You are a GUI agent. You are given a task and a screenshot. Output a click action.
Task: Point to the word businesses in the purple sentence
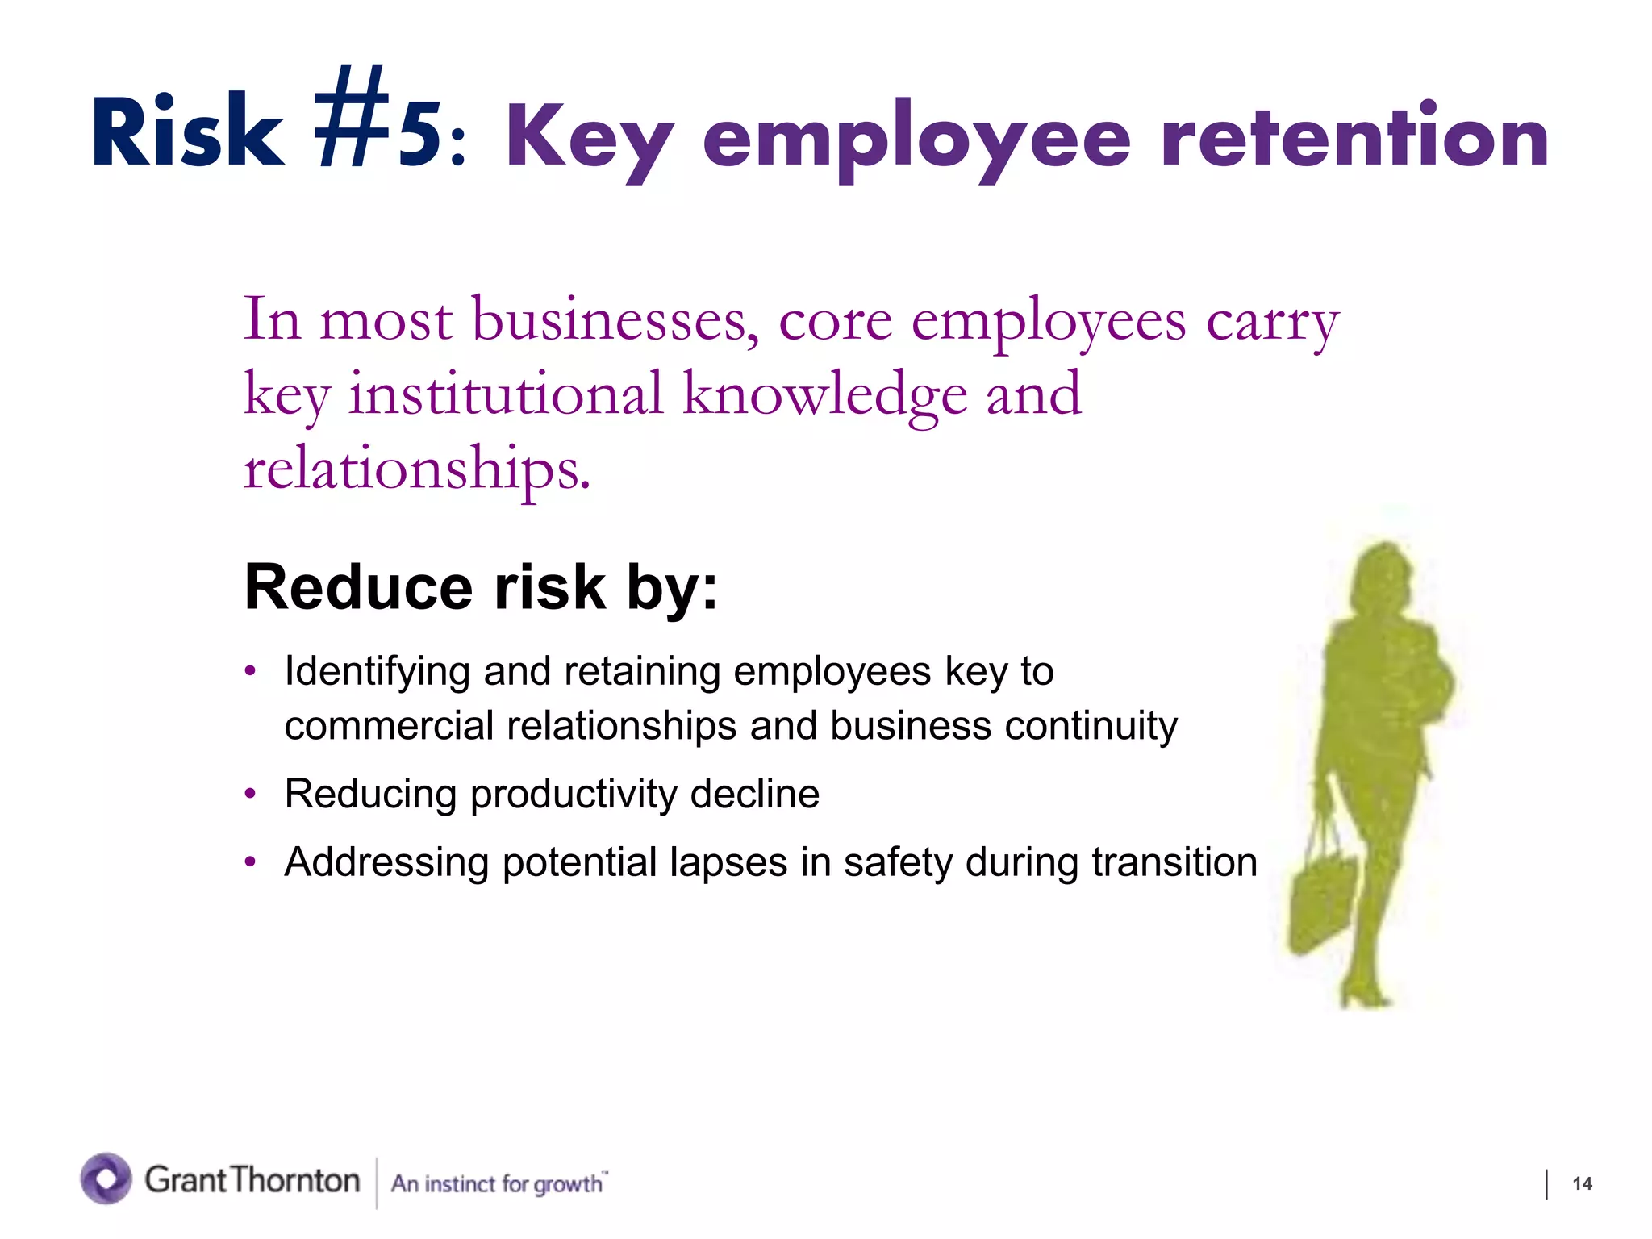coord(615,321)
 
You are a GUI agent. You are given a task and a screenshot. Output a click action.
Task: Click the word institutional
coord(506,395)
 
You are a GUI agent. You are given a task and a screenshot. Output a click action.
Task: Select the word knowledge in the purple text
coord(825,395)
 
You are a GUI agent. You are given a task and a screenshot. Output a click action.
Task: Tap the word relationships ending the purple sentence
coord(417,469)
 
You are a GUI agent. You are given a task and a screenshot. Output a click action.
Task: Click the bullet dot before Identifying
coord(251,671)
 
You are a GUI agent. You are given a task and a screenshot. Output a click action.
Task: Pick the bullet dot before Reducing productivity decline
coord(251,794)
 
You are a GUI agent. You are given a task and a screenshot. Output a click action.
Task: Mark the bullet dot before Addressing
coord(251,862)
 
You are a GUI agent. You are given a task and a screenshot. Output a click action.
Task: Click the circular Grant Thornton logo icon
coord(106,1179)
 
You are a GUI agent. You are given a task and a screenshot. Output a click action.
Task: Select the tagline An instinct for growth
coord(499,1183)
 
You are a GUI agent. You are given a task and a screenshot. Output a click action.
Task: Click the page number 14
coord(1582,1183)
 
